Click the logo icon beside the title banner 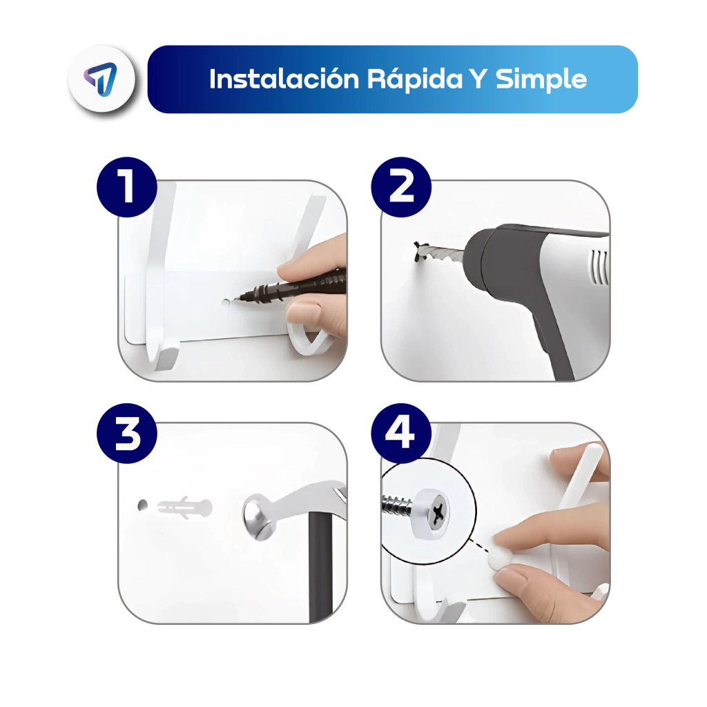101,79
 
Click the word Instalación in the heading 284,79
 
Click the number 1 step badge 127,186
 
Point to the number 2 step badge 401,186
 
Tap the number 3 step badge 127,434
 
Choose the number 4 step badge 401,434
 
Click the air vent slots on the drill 599,267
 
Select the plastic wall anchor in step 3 185,507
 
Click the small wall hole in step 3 142,505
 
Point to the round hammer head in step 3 259,516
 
